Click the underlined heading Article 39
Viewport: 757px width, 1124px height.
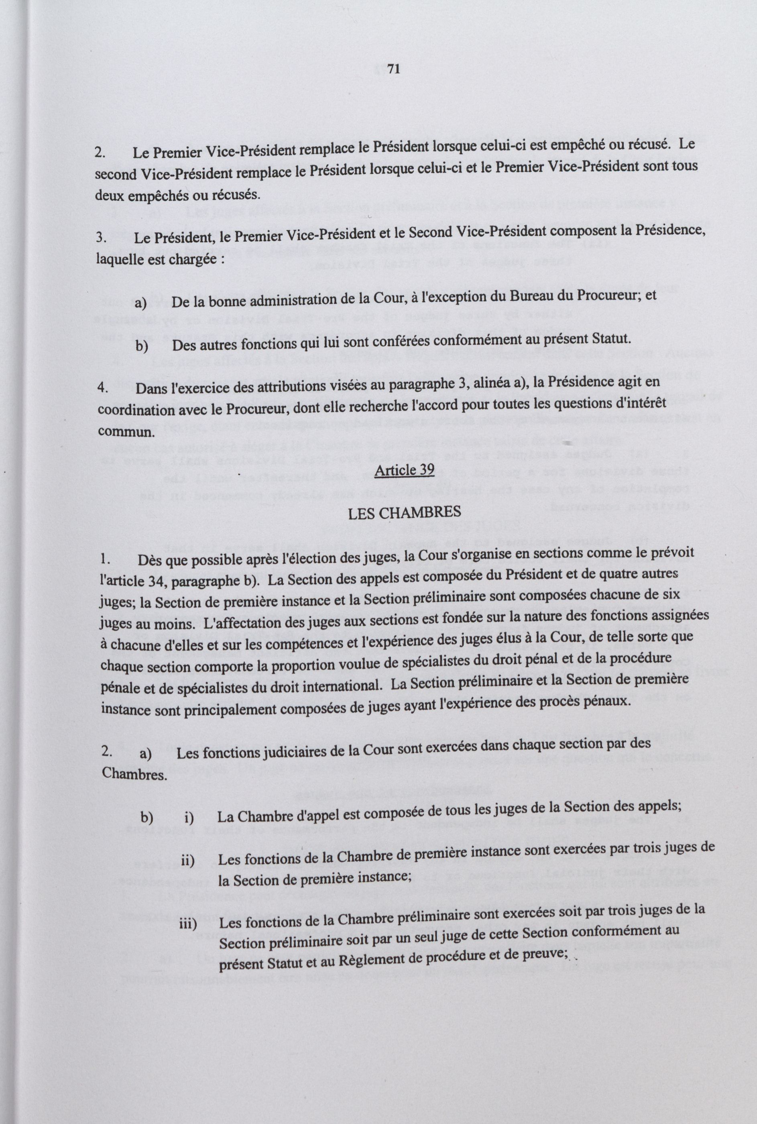pyautogui.click(x=404, y=469)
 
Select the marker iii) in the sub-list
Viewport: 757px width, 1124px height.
pyautogui.click(x=188, y=1069)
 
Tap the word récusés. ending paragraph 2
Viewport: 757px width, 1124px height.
pyautogui.click(x=235, y=195)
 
